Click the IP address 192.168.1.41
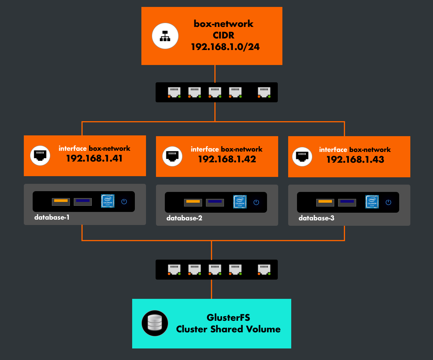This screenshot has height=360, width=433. [x=94, y=158]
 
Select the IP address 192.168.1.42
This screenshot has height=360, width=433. [x=226, y=159]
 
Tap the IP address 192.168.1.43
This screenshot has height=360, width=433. [x=355, y=159]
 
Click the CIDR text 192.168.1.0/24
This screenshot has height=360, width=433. [x=223, y=47]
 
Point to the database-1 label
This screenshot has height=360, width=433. [x=52, y=217]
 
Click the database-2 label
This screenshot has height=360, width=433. [x=184, y=218]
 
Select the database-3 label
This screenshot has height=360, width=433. [x=316, y=218]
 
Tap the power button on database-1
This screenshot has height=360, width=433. [x=124, y=201]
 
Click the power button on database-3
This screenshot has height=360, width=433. [x=388, y=202]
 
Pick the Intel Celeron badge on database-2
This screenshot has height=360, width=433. [x=240, y=202]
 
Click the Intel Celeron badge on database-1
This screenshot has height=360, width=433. [x=108, y=201]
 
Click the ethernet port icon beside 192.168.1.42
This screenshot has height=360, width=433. [x=172, y=156]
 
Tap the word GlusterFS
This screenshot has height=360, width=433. [x=228, y=318]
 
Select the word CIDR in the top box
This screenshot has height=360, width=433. [x=223, y=35]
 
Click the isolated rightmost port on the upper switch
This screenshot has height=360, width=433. [x=264, y=92]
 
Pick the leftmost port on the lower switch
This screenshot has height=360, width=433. [x=174, y=269]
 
